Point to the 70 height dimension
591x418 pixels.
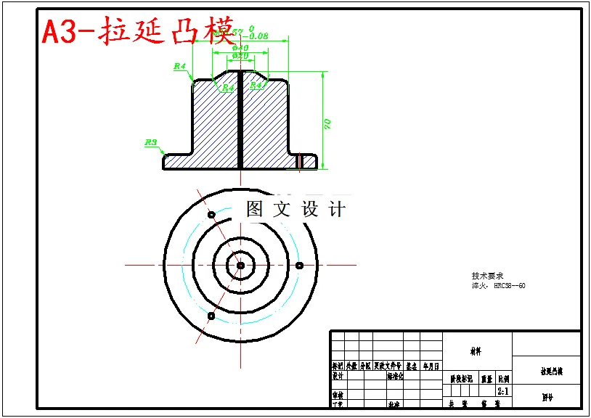327,124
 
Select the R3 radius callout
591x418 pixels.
151,143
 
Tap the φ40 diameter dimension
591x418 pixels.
240,48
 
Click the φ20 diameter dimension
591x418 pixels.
240,56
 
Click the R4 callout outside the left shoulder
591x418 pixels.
180,66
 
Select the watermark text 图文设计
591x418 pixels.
295,210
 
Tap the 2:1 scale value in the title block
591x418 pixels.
502,391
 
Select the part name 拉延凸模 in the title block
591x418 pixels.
551,371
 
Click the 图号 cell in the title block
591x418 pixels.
547,397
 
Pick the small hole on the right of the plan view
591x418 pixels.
298,265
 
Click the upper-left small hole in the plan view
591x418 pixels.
211,215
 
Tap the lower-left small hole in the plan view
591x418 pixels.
211,316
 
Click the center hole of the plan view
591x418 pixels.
240,265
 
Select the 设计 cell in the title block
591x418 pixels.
338,376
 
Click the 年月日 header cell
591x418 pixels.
431,366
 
